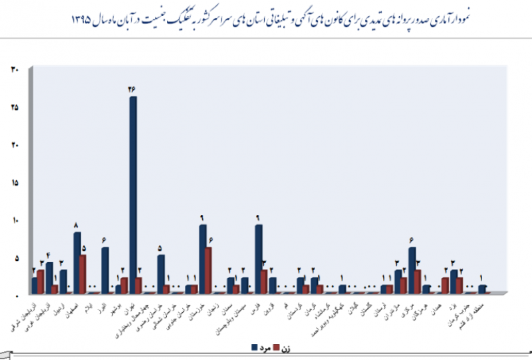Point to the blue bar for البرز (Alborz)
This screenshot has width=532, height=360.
(x=105, y=270)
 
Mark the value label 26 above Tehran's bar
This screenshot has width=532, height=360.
(x=133, y=89)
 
